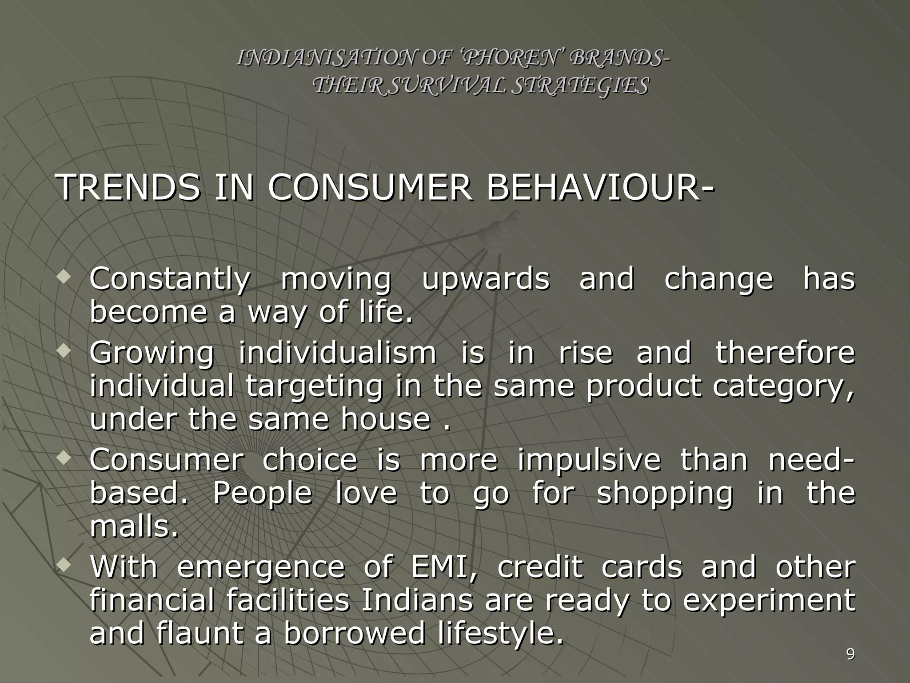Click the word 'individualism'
click(x=338, y=353)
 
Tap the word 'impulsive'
click(x=589, y=460)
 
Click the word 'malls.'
click(x=134, y=528)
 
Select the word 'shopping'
click(x=664, y=494)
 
